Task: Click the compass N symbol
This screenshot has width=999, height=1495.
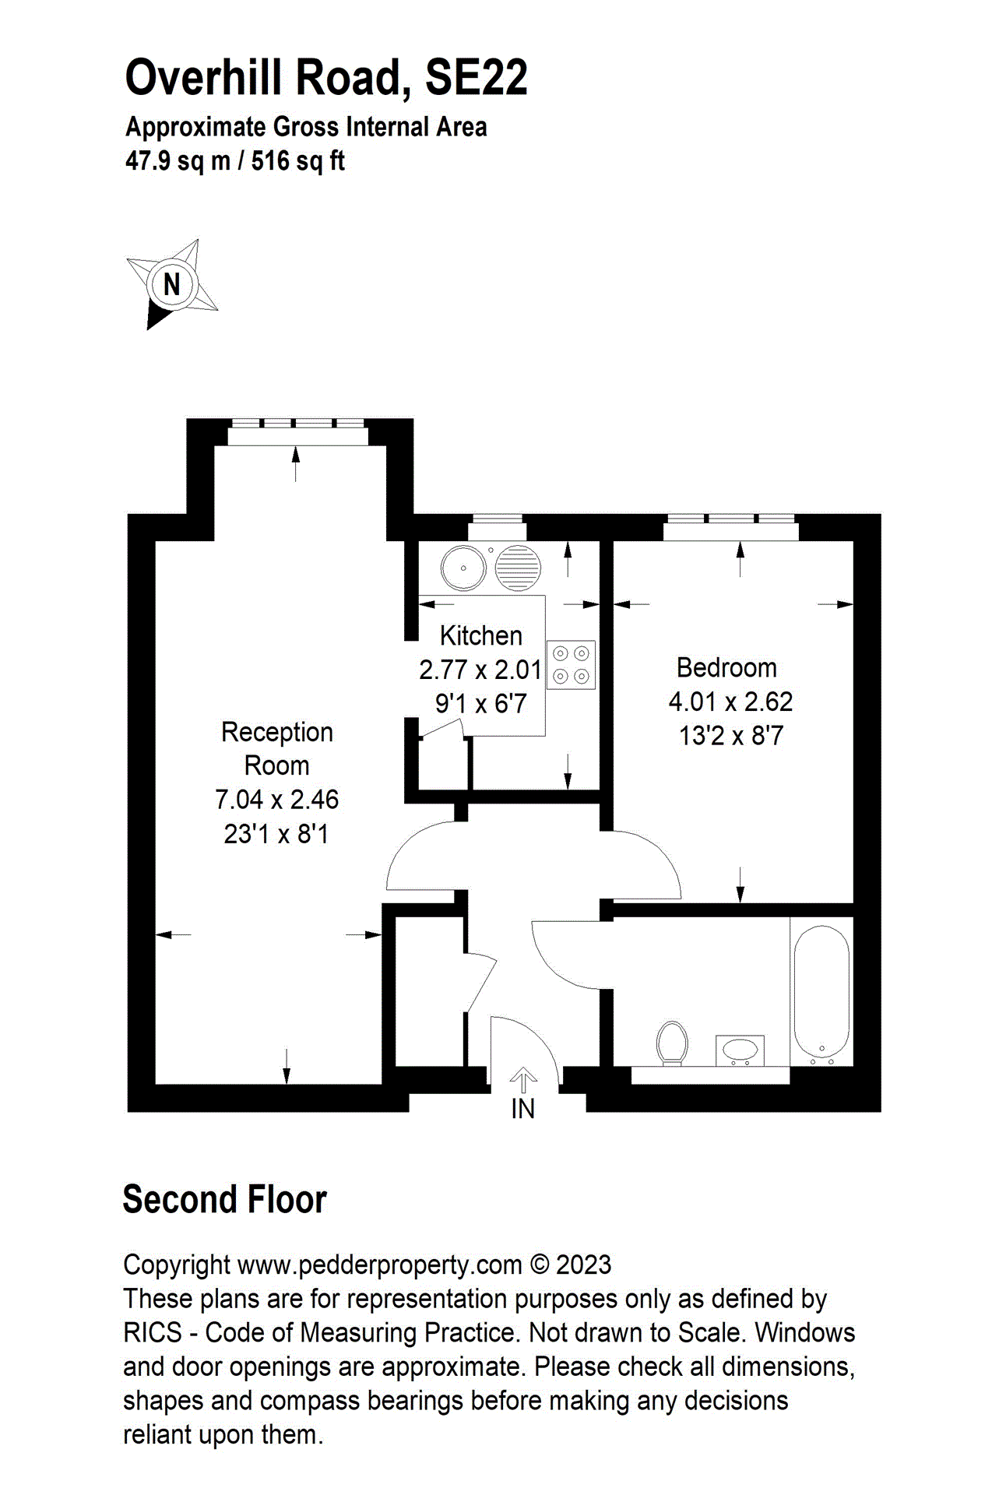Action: point(172,284)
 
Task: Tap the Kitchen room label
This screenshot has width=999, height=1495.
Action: point(480,635)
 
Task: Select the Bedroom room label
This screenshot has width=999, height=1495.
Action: point(726,667)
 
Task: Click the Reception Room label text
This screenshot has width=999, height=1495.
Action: point(277,748)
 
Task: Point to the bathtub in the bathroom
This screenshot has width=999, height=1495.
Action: point(821,990)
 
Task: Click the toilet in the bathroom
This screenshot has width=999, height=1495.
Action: point(672,1043)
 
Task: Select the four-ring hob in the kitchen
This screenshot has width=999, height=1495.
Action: point(571,664)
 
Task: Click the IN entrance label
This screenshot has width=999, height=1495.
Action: point(522,1109)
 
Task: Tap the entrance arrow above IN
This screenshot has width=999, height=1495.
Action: point(522,1081)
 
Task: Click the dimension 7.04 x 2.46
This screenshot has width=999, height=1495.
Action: point(277,800)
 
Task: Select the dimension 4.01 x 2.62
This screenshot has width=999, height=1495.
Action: point(730,702)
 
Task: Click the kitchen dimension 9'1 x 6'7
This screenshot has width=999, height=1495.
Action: point(480,704)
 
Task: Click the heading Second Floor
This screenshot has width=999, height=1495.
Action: point(224,1200)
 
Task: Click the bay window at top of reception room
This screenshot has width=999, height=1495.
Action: point(297,424)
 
